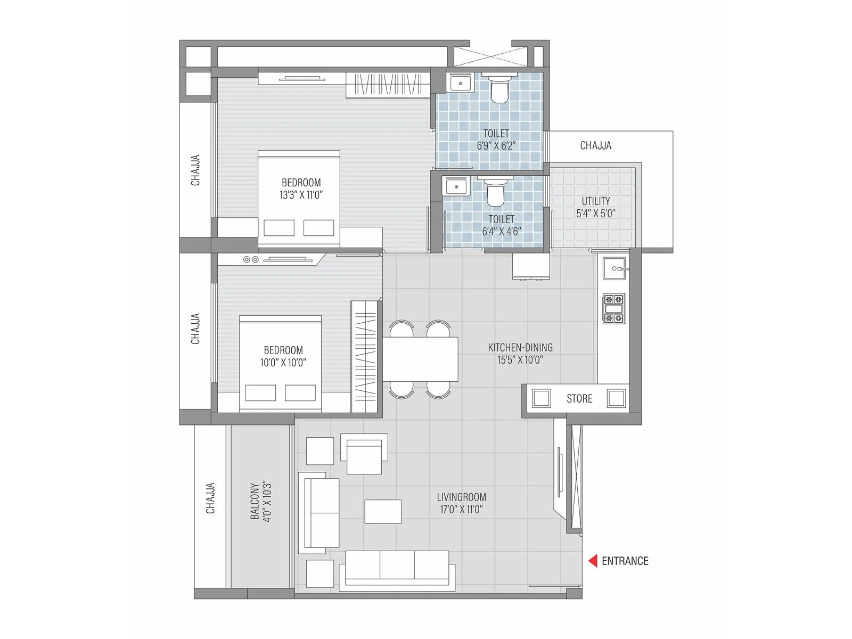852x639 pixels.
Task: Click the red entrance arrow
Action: click(593, 561)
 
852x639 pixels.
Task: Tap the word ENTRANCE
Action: click(625, 561)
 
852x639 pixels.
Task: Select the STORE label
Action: click(579, 399)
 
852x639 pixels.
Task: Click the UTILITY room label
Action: click(596, 201)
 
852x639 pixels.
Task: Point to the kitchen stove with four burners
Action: click(614, 309)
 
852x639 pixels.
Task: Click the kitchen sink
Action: click(615, 268)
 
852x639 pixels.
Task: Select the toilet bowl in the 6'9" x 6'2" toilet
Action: click(499, 90)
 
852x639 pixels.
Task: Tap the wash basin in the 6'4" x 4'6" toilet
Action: click(456, 187)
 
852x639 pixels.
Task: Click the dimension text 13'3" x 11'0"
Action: click(301, 195)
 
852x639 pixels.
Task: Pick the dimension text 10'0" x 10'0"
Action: click(283, 363)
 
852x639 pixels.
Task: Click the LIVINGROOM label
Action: click(461, 497)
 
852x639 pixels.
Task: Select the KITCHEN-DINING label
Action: click(520, 348)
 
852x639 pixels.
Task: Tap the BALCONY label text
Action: click(255, 502)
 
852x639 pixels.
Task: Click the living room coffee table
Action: click(383, 511)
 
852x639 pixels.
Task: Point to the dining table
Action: click(421, 359)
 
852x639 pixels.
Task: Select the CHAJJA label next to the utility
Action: click(595, 145)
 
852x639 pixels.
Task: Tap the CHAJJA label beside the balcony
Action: click(210, 498)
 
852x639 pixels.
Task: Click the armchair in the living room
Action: click(364, 454)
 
